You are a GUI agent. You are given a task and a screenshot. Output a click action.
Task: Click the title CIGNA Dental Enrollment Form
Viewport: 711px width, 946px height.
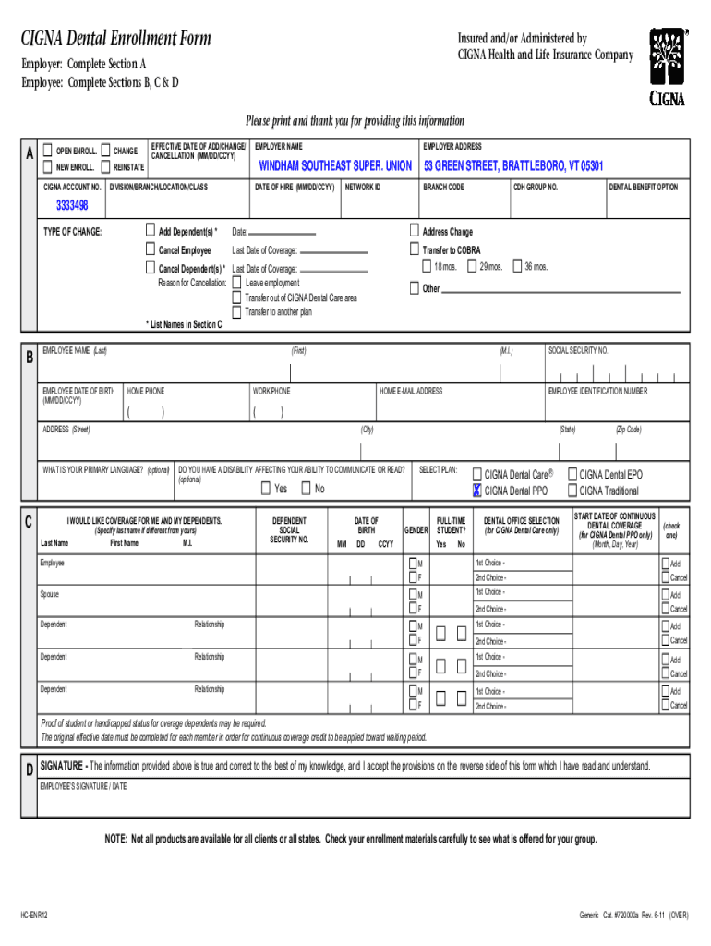116,39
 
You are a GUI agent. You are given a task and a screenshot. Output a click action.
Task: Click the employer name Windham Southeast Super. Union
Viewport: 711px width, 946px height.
335,166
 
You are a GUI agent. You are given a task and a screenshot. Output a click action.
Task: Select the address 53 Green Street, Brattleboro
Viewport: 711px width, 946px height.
512,166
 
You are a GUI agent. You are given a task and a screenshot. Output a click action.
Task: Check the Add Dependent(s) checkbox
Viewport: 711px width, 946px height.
151,231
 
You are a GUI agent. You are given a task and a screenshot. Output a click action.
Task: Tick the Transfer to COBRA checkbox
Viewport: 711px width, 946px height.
415,249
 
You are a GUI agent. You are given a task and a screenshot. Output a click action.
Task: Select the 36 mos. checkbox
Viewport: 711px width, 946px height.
516,266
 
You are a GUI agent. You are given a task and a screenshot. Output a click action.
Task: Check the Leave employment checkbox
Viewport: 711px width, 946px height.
237,283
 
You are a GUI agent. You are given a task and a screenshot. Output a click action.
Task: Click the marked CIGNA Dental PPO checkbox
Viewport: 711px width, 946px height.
477,491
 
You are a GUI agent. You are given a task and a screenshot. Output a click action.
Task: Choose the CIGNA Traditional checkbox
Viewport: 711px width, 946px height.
572,491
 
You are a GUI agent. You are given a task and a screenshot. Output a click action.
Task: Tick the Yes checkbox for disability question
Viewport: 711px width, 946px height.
266,489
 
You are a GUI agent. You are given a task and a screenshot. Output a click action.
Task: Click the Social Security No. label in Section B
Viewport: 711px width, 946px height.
578,351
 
